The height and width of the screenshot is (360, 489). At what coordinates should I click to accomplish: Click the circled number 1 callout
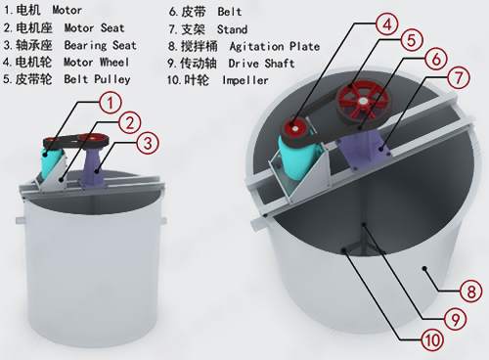[x=111, y=104]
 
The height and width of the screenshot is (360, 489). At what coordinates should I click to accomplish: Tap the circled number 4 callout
[x=386, y=24]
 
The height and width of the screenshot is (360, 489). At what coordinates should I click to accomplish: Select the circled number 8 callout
[x=471, y=292]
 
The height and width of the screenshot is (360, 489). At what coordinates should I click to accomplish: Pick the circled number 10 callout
[x=432, y=340]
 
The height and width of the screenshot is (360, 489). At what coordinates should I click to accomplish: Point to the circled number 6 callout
[x=436, y=59]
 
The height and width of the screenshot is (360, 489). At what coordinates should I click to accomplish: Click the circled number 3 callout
[x=148, y=143]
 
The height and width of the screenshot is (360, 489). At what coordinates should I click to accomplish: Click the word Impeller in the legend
[x=245, y=80]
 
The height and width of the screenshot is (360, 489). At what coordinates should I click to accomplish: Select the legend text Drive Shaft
[x=261, y=64]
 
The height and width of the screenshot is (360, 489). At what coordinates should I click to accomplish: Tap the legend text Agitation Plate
[x=275, y=47]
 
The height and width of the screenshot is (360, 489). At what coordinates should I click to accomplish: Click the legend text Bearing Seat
[x=100, y=45]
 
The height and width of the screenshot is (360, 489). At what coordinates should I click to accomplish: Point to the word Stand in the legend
[x=232, y=29]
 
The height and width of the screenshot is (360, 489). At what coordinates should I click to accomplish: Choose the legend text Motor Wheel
[x=96, y=62]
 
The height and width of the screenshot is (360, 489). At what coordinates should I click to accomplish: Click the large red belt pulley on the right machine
[x=363, y=102]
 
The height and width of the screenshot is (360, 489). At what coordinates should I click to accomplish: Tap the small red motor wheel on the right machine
[x=293, y=128]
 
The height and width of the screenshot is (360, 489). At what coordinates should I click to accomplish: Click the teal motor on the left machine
[x=50, y=160]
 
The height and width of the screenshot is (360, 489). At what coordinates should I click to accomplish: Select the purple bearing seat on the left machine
[x=96, y=167]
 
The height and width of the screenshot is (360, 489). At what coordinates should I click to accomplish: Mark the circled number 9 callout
[x=456, y=319]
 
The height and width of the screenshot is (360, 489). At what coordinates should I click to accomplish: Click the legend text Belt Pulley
[x=97, y=79]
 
